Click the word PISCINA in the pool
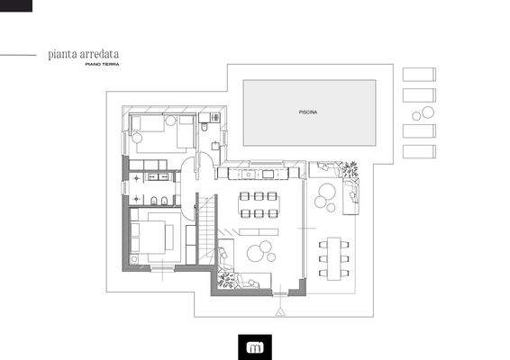309,112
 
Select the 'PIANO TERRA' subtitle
101,65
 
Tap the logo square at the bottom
255,345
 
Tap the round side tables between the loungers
421,112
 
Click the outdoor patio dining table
335,256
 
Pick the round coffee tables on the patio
328,195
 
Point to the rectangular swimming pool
309,112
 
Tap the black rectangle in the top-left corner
15,5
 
